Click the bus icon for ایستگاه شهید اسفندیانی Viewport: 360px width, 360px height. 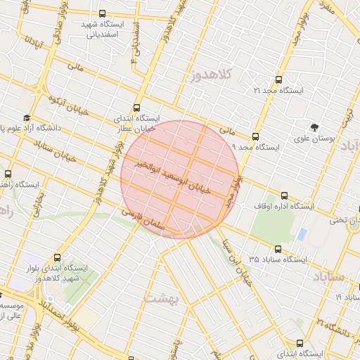click(x=103, y=13)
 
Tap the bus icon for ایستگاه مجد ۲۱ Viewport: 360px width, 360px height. click(x=278, y=80)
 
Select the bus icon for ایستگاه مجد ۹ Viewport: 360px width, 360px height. click(x=255, y=136)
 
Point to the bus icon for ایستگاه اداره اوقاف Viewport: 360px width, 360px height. click(x=284, y=195)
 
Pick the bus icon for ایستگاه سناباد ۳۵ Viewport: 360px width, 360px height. click(x=278, y=249)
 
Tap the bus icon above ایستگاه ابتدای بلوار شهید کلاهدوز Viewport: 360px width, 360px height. click(x=57, y=257)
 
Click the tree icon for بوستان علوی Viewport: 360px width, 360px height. click(x=314, y=128)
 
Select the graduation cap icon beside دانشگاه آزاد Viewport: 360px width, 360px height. click(x=27, y=118)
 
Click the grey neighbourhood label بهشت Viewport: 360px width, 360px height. click(x=162, y=297)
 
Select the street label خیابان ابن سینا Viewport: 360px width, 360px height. click(x=236, y=261)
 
